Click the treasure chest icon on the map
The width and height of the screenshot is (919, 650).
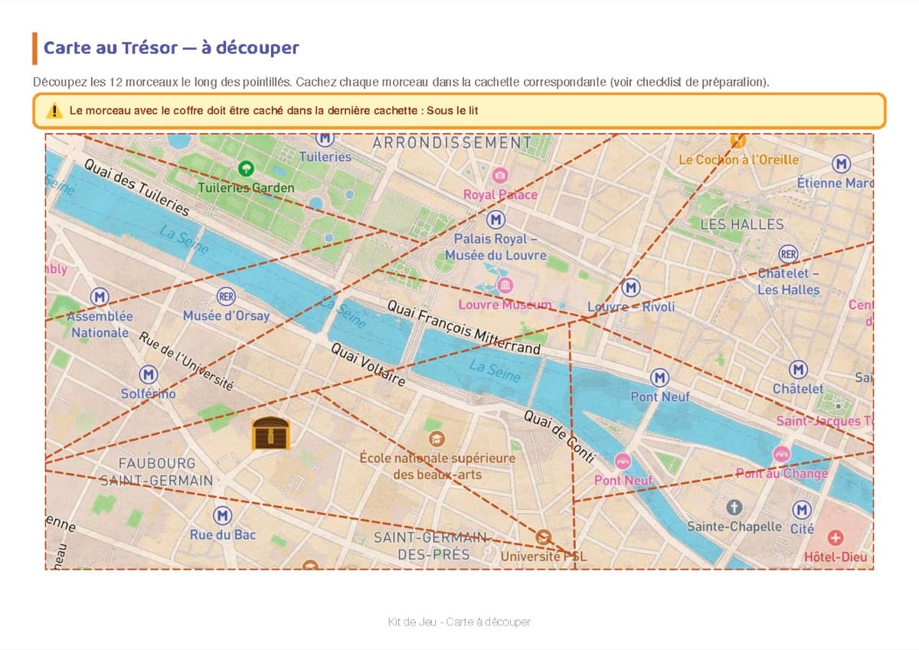271,433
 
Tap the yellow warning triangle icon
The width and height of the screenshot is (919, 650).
54,110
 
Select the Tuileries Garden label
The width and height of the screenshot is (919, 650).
246,188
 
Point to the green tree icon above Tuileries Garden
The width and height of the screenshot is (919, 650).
247,168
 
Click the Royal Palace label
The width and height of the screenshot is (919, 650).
500,194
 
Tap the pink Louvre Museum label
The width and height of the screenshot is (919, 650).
505,305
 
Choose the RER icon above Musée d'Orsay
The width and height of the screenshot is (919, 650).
226,296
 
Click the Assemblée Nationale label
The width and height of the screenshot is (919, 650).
100,325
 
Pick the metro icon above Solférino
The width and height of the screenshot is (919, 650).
148,374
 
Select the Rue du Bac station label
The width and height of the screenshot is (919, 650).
223,534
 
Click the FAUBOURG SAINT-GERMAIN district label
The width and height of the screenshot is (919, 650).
157,472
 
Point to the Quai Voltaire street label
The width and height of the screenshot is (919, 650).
368,364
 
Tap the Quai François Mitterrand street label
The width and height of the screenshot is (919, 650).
463,327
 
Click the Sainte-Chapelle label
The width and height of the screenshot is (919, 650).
734,527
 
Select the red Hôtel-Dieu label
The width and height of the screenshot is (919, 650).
836,557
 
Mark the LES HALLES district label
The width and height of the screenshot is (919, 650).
742,224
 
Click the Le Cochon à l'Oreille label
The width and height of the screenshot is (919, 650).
738,159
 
